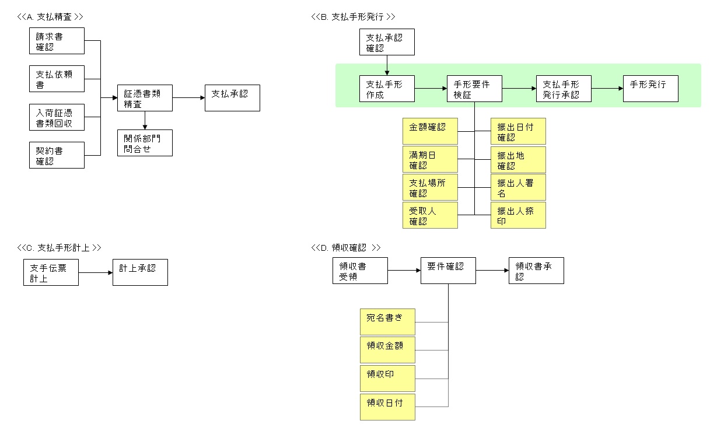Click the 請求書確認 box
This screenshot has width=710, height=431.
57,41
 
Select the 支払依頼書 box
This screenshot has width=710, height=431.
57,79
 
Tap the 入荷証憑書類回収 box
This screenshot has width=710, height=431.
57,118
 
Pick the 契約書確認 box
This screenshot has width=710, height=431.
57,155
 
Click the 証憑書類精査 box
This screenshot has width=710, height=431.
145,97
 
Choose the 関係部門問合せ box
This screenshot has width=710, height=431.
145,142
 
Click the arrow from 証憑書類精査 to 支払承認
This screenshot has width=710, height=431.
188,97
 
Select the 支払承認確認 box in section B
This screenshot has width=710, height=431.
387,43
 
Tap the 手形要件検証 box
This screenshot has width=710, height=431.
474,89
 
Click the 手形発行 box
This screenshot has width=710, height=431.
650,89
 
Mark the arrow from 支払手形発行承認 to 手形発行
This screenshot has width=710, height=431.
607,89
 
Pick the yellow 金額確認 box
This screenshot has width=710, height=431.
430,131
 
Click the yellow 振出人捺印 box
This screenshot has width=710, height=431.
518,215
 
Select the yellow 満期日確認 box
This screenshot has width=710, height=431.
430,159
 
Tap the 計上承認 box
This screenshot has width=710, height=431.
140,272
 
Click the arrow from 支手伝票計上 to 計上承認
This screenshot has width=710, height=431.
95,272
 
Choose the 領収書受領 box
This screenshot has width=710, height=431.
360,271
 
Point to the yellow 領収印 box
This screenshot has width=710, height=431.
387,379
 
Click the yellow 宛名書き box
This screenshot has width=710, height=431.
387,322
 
